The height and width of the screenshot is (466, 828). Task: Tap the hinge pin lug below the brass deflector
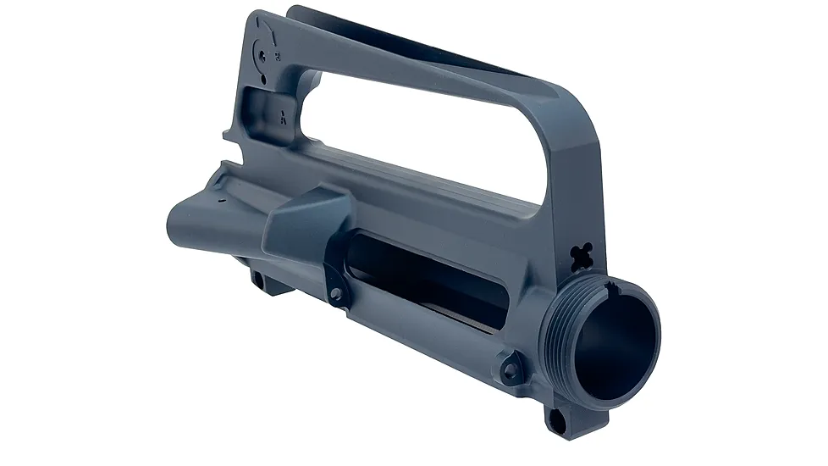point(337,293)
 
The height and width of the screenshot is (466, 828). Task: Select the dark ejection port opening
point(415,280)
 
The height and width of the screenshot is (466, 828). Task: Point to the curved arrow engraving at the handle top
point(268,35)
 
